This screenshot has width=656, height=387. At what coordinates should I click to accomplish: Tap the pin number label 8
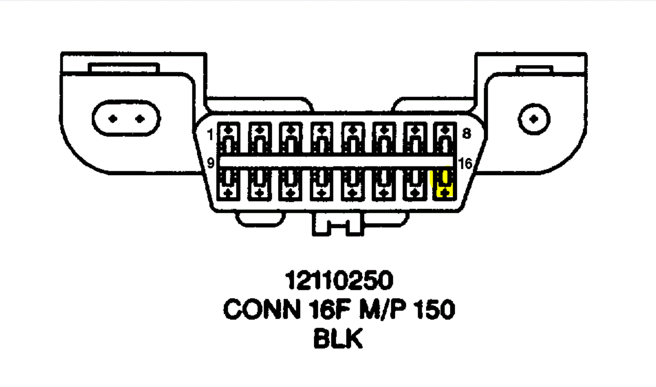click(466, 134)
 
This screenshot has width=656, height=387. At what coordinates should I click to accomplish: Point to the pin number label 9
click(211, 164)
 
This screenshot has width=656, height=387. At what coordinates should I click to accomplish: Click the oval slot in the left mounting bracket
click(126, 118)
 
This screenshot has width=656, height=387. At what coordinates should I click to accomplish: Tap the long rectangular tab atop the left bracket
click(123, 68)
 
